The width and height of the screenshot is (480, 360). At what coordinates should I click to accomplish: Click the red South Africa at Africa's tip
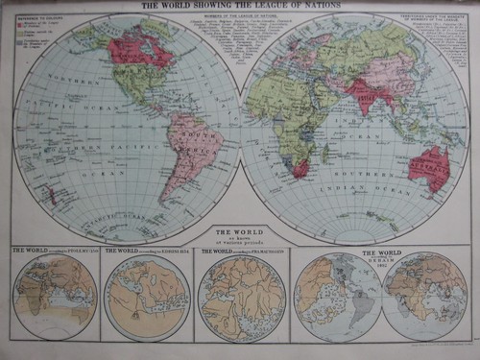click(x=300, y=169)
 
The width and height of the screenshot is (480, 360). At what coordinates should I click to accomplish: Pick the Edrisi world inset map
click(x=146, y=298)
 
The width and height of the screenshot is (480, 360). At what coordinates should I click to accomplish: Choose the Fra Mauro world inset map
click(x=241, y=298)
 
